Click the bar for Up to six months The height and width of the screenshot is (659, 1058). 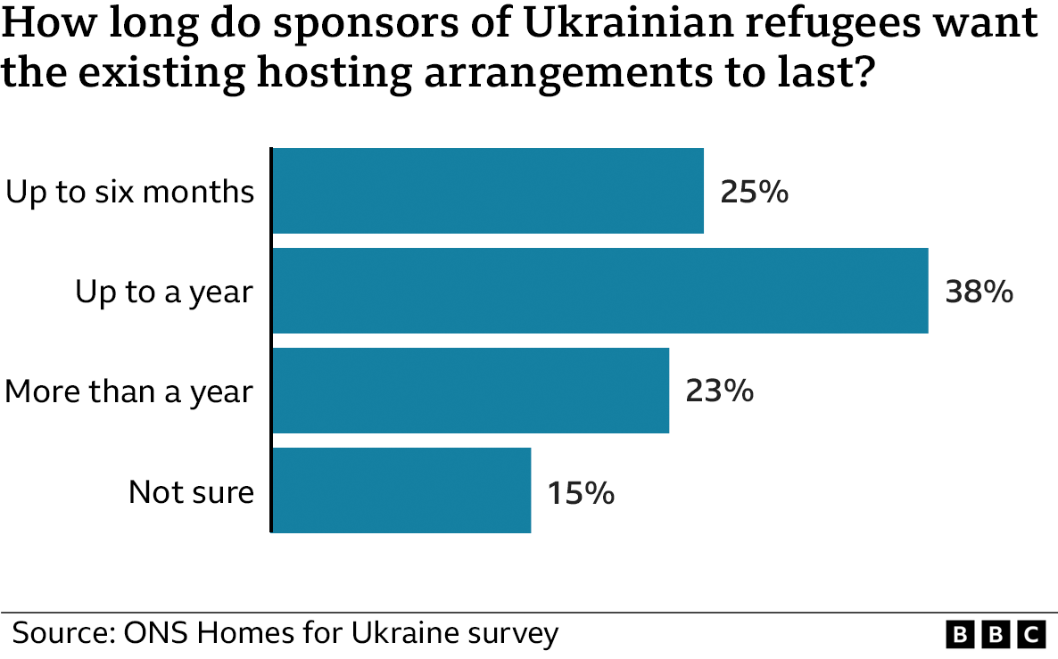(488, 191)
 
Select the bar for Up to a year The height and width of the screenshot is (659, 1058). (599, 291)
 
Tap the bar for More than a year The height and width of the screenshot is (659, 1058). (470, 391)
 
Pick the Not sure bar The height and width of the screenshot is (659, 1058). (401, 490)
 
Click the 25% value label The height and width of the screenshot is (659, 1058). (755, 192)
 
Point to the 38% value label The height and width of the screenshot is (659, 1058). (979, 292)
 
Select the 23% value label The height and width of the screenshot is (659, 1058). (719, 391)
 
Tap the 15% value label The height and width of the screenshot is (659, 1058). (581, 491)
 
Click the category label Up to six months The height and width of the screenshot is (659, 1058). (130, 192)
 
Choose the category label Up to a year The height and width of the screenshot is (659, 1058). (164, 292)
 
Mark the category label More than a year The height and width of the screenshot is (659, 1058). (129, 391)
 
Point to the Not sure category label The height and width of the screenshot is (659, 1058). (191, 491)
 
